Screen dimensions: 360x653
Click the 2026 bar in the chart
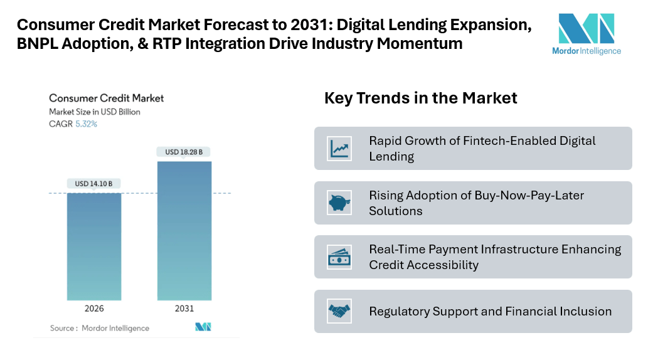(94, 246)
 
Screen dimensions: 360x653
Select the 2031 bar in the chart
(184, 230)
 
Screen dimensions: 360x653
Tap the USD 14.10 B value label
(94, 184)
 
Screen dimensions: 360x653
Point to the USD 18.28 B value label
(184, 152)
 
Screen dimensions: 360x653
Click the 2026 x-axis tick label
(94, 309)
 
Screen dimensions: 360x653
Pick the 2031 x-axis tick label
(184, 309)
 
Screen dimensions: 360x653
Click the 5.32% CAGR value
(87, 124)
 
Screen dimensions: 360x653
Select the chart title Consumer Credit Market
(106, 98)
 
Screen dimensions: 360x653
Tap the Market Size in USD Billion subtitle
(95, 112)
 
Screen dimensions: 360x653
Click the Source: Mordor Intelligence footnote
(99, 328)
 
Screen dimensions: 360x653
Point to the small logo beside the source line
(203, 327)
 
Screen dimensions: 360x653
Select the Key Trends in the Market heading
(420, 98)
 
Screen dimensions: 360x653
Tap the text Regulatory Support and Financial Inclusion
(490, 311)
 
